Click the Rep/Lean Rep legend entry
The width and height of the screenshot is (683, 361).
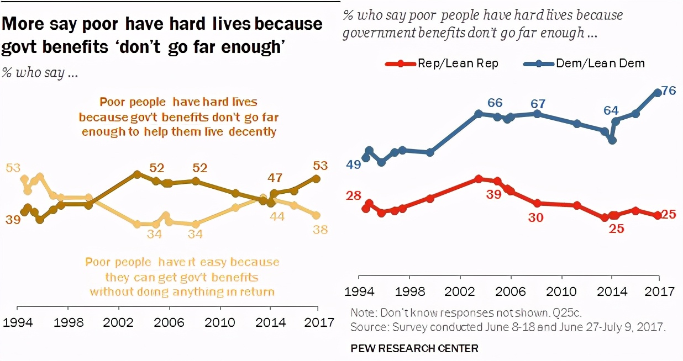pyautogui.click(x=442, y=63)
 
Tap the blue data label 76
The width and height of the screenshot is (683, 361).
pyautogui.click(x=669, y=91)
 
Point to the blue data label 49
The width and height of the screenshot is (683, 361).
pyautogui.click(x=354, y=164)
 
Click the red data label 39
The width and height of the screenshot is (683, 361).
pyautogui.click(x=494, y=194)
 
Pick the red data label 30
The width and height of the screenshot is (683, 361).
pyautogui.click(x=535, y=217)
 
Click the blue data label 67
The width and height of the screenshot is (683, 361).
pyautogui.click(x=538, y=104)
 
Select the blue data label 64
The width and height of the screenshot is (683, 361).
pyautogui.click(x=611, y=110)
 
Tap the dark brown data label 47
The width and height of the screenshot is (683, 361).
pyautogui.click(x=275, y=178)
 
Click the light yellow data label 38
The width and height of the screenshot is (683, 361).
pyautogui.click(x=319, y=229)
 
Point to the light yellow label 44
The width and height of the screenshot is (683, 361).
pyautogui.click(x=276, y=217)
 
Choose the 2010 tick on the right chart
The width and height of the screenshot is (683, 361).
pyautogui.click(x=561, y=291)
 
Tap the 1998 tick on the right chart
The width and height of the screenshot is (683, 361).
pyautogui.click(x=409, y=291)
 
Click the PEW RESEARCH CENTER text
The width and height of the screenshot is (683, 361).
pyautogui.click(x=414, y=348)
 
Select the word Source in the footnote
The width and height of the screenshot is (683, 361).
pyautogui.click(x=369, y=327)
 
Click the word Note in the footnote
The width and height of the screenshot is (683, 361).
pyautogui.click(x=362, y=312)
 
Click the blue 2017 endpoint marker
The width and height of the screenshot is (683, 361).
pyautogui.click(x=658, y=93)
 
